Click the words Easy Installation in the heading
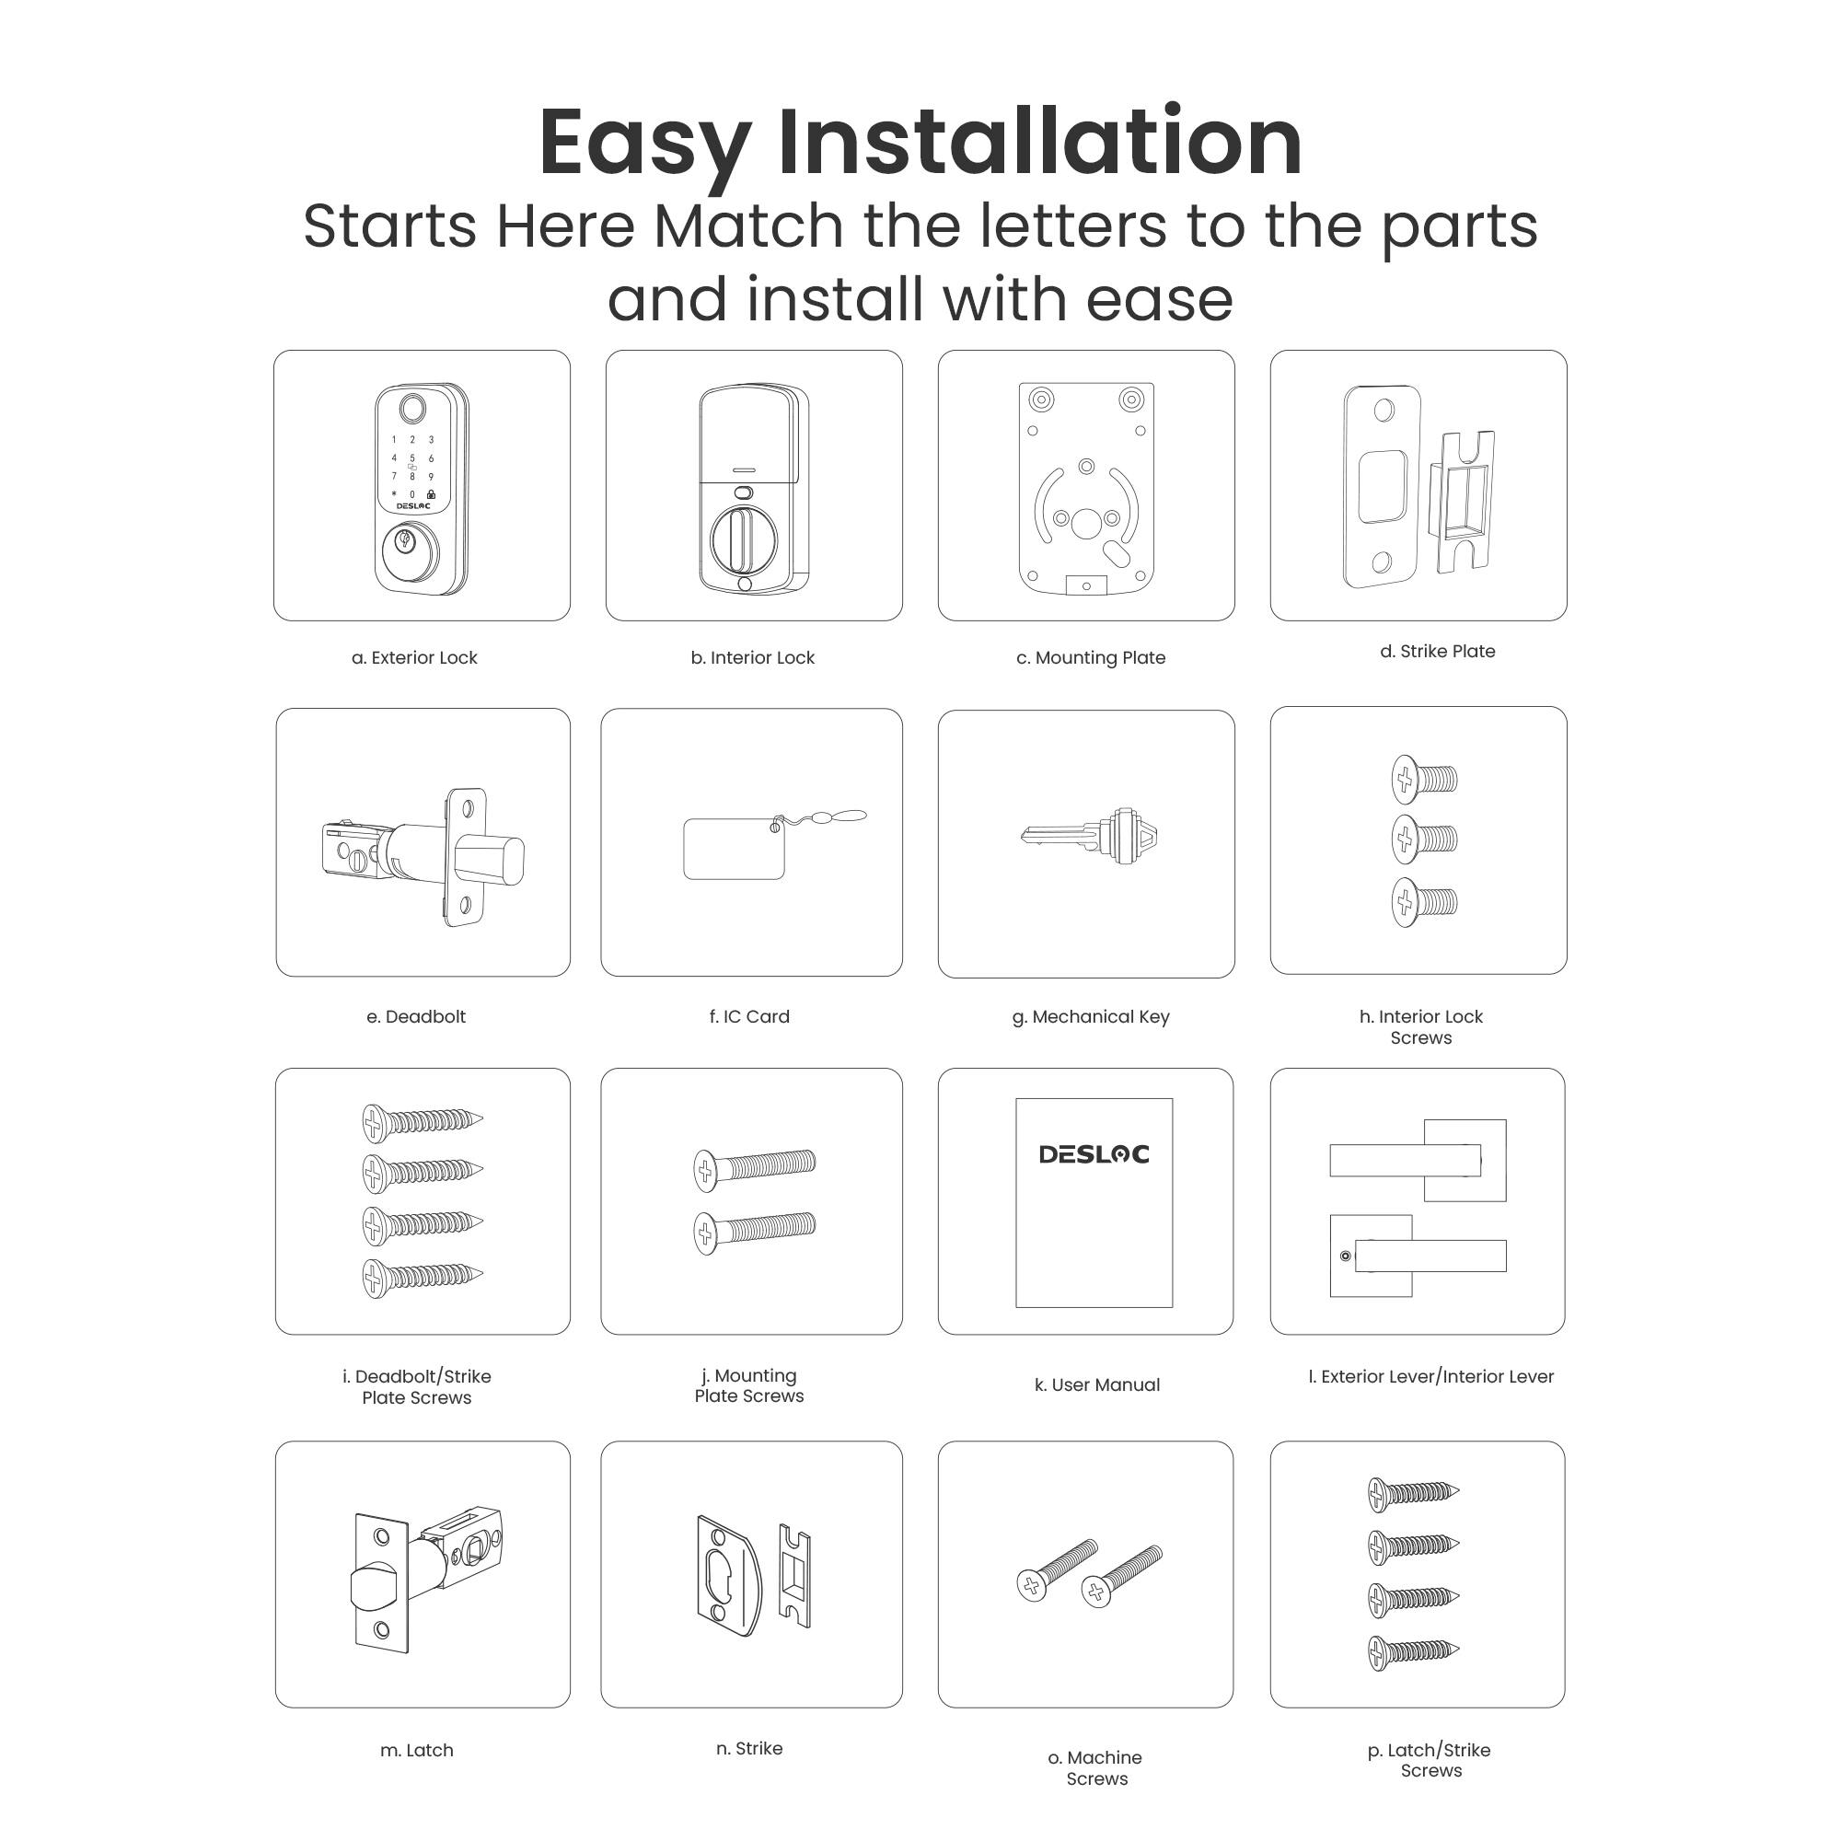[920, 143]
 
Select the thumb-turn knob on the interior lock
[743, 540]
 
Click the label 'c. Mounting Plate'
[1090, 657]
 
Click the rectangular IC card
[733, 848]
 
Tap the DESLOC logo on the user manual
[1093, 1154]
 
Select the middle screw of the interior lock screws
[1424, 839]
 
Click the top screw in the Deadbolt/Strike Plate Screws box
[423, 1120]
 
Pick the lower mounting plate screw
[754, 1231]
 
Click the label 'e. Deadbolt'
[415, 1017]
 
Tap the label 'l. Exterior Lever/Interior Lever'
[1430, 1376]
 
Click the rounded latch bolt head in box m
[374, 1589]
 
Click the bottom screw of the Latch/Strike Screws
[1412, 1651]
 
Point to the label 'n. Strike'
[749, 1749]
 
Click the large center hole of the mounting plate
[1085, 523]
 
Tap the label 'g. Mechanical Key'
[1090, 1017]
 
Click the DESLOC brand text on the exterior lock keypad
[412, 507]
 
